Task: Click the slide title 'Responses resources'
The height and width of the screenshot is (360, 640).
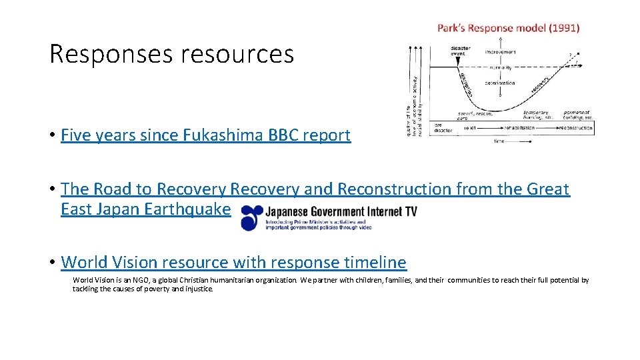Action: point(171,54)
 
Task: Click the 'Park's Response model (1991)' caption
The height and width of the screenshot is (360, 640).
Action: point(508,28)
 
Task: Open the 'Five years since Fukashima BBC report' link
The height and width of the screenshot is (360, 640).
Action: point(205,135)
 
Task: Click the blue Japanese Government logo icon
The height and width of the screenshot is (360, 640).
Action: point(252,218)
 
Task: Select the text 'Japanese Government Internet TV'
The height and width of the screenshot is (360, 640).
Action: point(341,212)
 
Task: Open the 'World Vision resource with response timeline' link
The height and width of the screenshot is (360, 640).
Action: point(233,262)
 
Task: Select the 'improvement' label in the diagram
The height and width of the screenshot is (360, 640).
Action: point(500,51)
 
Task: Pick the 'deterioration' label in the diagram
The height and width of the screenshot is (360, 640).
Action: point(500,83)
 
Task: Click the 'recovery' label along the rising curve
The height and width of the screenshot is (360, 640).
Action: point(540,85)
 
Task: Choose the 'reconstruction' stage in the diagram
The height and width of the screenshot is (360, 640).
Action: point(575,127)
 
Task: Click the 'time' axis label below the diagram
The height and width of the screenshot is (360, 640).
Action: point(499,141)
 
